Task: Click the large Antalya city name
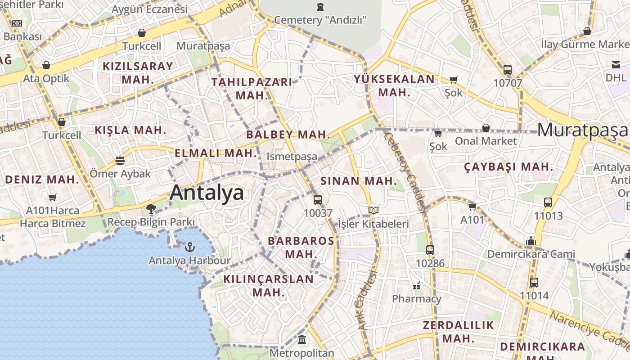click(x=207, y=193)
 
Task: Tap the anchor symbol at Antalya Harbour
click(x=190, y=247)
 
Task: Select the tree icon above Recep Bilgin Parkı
click(x=151, y=208)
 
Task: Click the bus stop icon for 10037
click(x=318, y=199)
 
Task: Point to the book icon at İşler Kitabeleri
click(x=373, y=210)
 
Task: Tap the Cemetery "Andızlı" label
click(x=320, y=20)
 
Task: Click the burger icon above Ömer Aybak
click(x=120, y=160)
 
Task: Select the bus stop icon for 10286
click(x=430, y=250)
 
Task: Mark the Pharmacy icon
click(x=417, y=285)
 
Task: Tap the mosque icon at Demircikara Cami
click(x=531, y=241)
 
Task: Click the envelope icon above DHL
click(x=616, y=65)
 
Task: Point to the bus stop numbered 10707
click(x=508, y=70)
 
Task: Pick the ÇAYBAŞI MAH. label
click(x=508, y=167)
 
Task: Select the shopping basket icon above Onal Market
click(x=486, y=128)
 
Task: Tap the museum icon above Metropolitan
click(x=302, y=339)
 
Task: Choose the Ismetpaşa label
click(x=292, y=157)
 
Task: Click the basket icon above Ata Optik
click(x=46, y=66)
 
